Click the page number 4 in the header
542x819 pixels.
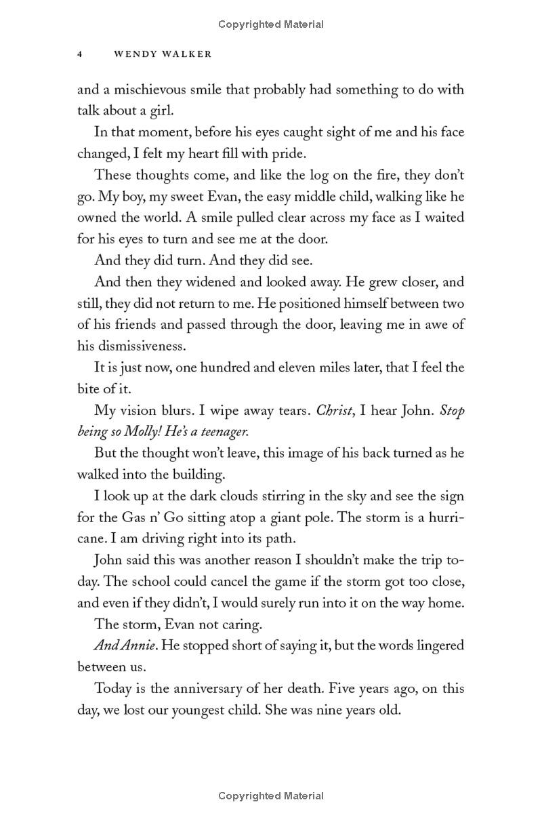point(80,55)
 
